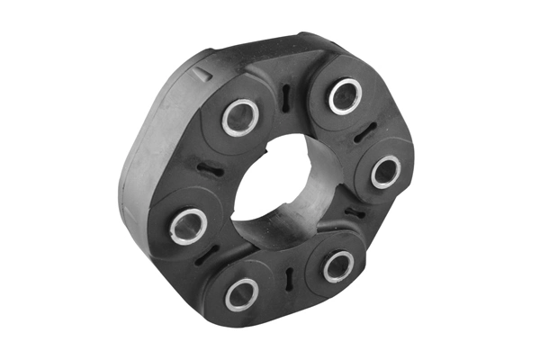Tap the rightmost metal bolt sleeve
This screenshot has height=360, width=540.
385,170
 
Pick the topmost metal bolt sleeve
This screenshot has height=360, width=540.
345,95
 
